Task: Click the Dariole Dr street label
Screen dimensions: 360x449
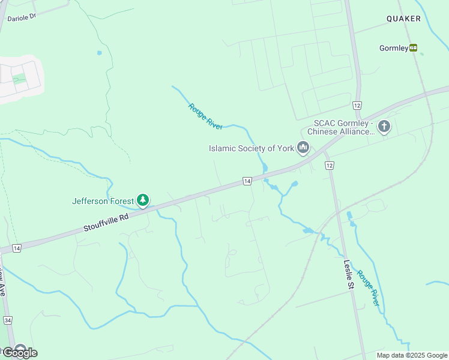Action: [x=22, y=18]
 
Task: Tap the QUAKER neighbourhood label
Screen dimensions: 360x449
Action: [x=403, y=19]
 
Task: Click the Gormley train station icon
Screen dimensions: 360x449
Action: [x=414, y=48]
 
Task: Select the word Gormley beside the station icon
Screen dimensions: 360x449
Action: [x=394, y=48]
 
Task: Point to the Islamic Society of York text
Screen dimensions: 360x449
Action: [x=251, y=148]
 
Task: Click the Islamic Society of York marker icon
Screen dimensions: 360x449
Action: [x=303, y=147]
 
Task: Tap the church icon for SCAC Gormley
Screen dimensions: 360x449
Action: [x=384, y=127]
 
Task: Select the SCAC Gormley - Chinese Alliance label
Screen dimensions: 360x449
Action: [x=340, y=128]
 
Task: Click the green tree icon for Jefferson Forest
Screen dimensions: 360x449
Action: [x=142, y=200]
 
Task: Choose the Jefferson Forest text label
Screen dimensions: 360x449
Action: [x=103, y=201]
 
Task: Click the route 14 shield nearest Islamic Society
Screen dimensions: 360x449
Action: [x=247, y=181]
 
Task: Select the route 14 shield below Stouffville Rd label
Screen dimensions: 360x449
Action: [x=16, y=248]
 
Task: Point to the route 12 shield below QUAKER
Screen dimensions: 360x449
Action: [x=357, y=105]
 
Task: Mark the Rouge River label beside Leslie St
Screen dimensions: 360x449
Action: [x=368, y=289]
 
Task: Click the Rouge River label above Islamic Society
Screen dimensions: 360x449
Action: [x=205, y=116]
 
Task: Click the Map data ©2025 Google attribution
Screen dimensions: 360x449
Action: [x=412, y=355]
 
